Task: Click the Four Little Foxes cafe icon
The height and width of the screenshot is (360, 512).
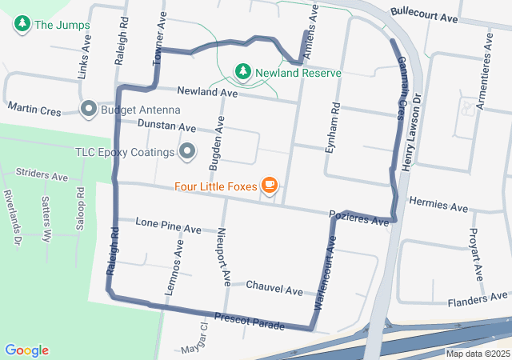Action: coord(270,186)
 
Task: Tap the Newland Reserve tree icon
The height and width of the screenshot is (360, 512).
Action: coord(242,73)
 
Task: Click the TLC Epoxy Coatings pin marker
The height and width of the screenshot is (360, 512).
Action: coord(188,150)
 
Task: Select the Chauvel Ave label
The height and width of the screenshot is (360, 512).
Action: coord(274,286)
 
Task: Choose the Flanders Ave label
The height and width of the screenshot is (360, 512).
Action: coord(478,301)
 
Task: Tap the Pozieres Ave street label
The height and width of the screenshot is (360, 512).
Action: coord(358,217)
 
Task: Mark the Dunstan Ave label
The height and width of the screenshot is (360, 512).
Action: coord(166,126)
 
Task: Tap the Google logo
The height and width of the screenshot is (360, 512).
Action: coord(26,350)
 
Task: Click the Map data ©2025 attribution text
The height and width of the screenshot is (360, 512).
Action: coord(477,354)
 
